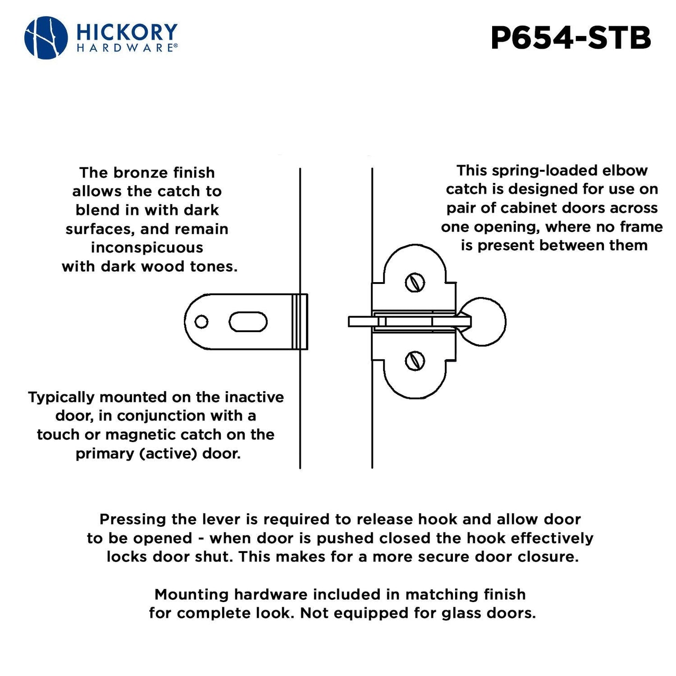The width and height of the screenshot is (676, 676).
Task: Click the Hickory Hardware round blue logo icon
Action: (x=46, y=38)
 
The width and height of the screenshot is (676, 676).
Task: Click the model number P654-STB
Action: (x=570, y=38)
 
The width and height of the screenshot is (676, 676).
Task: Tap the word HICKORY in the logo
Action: (x=126, y=32)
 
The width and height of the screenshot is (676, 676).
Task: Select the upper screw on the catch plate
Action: (x=414, y=283)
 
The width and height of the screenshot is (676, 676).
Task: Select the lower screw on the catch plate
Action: (x=414, y=361)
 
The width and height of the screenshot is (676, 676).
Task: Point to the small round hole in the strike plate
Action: (x=201, y=322)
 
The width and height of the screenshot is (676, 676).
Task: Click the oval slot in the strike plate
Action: (x=248, y=322)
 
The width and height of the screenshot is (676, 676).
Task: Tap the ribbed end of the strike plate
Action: (x=299, y=321)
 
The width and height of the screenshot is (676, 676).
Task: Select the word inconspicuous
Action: (x=147, y=247)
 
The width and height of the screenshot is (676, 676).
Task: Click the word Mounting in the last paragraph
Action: (x=192, y=595)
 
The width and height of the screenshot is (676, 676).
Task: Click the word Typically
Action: (x=61, y=397)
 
